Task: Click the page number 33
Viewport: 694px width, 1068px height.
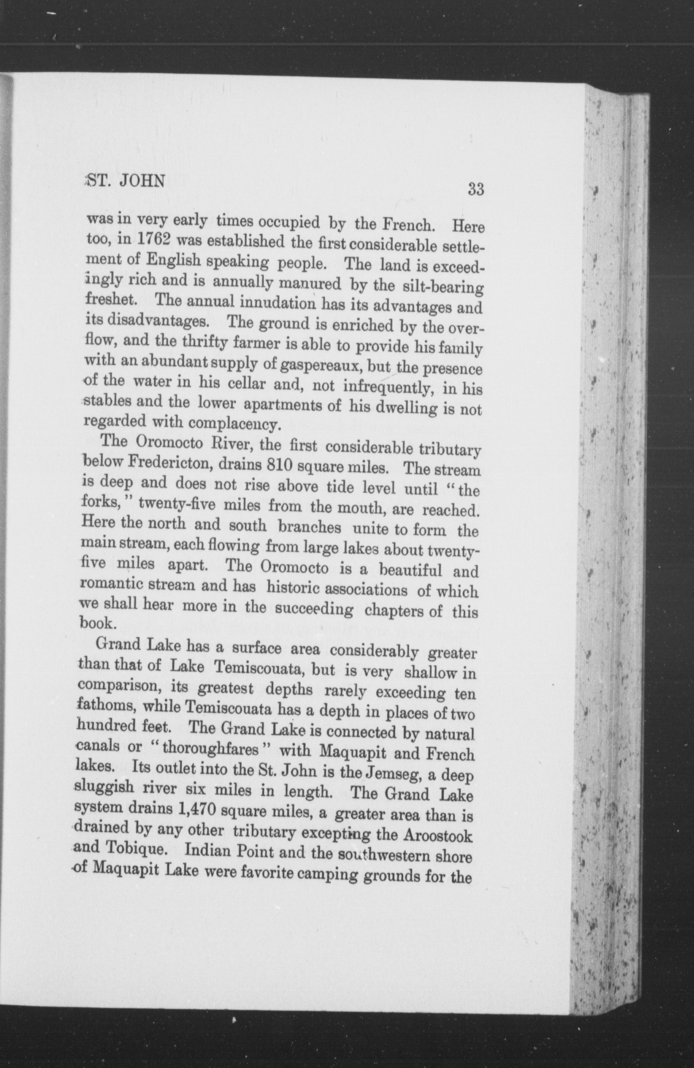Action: coord(476,189)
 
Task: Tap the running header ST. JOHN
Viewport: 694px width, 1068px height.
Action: coord(125,180)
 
